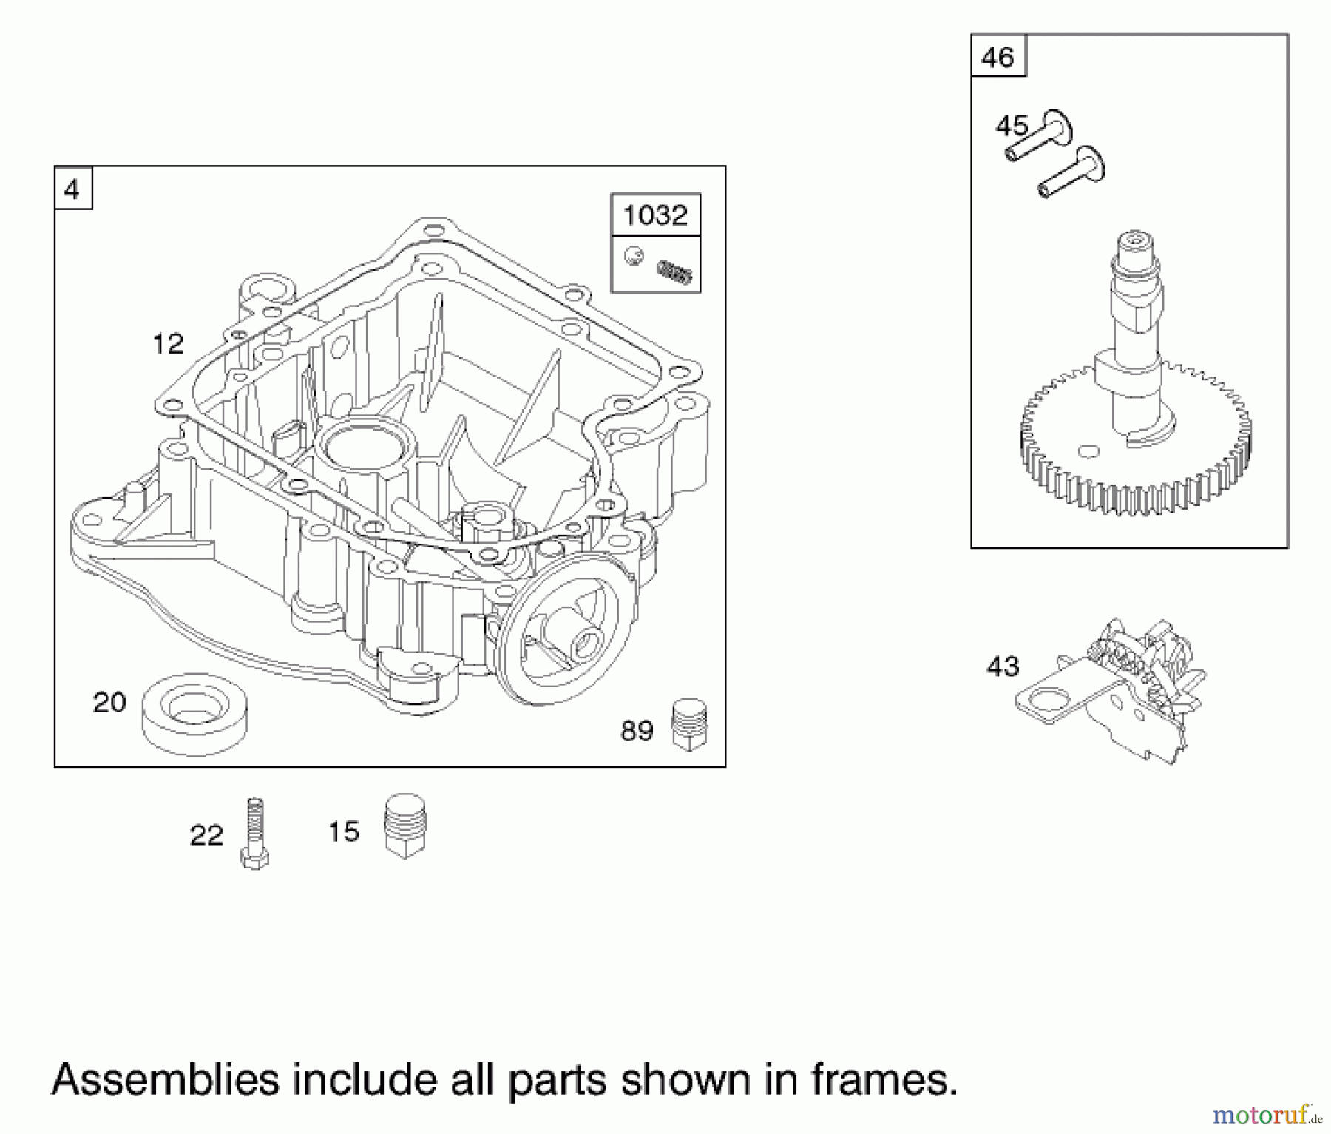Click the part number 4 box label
[x=72, y=190]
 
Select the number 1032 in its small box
[x=655, y=215]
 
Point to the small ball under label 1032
[x=634, y=256]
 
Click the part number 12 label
[x=168, y=344]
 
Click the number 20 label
[x=109, y=702]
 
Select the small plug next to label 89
[x=689, y=725]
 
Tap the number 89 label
[x=637, y=732]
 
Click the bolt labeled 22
[x=254, y=833]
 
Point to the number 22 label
[x=206, y=835]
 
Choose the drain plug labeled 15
[x=405, y=826]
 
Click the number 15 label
[x=344, y=831]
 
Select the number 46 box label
[x=998, y=56]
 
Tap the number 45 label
[x=1012, y=126]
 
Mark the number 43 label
[x=1003, y=666]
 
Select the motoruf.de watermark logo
[x=1267, y=1113]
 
